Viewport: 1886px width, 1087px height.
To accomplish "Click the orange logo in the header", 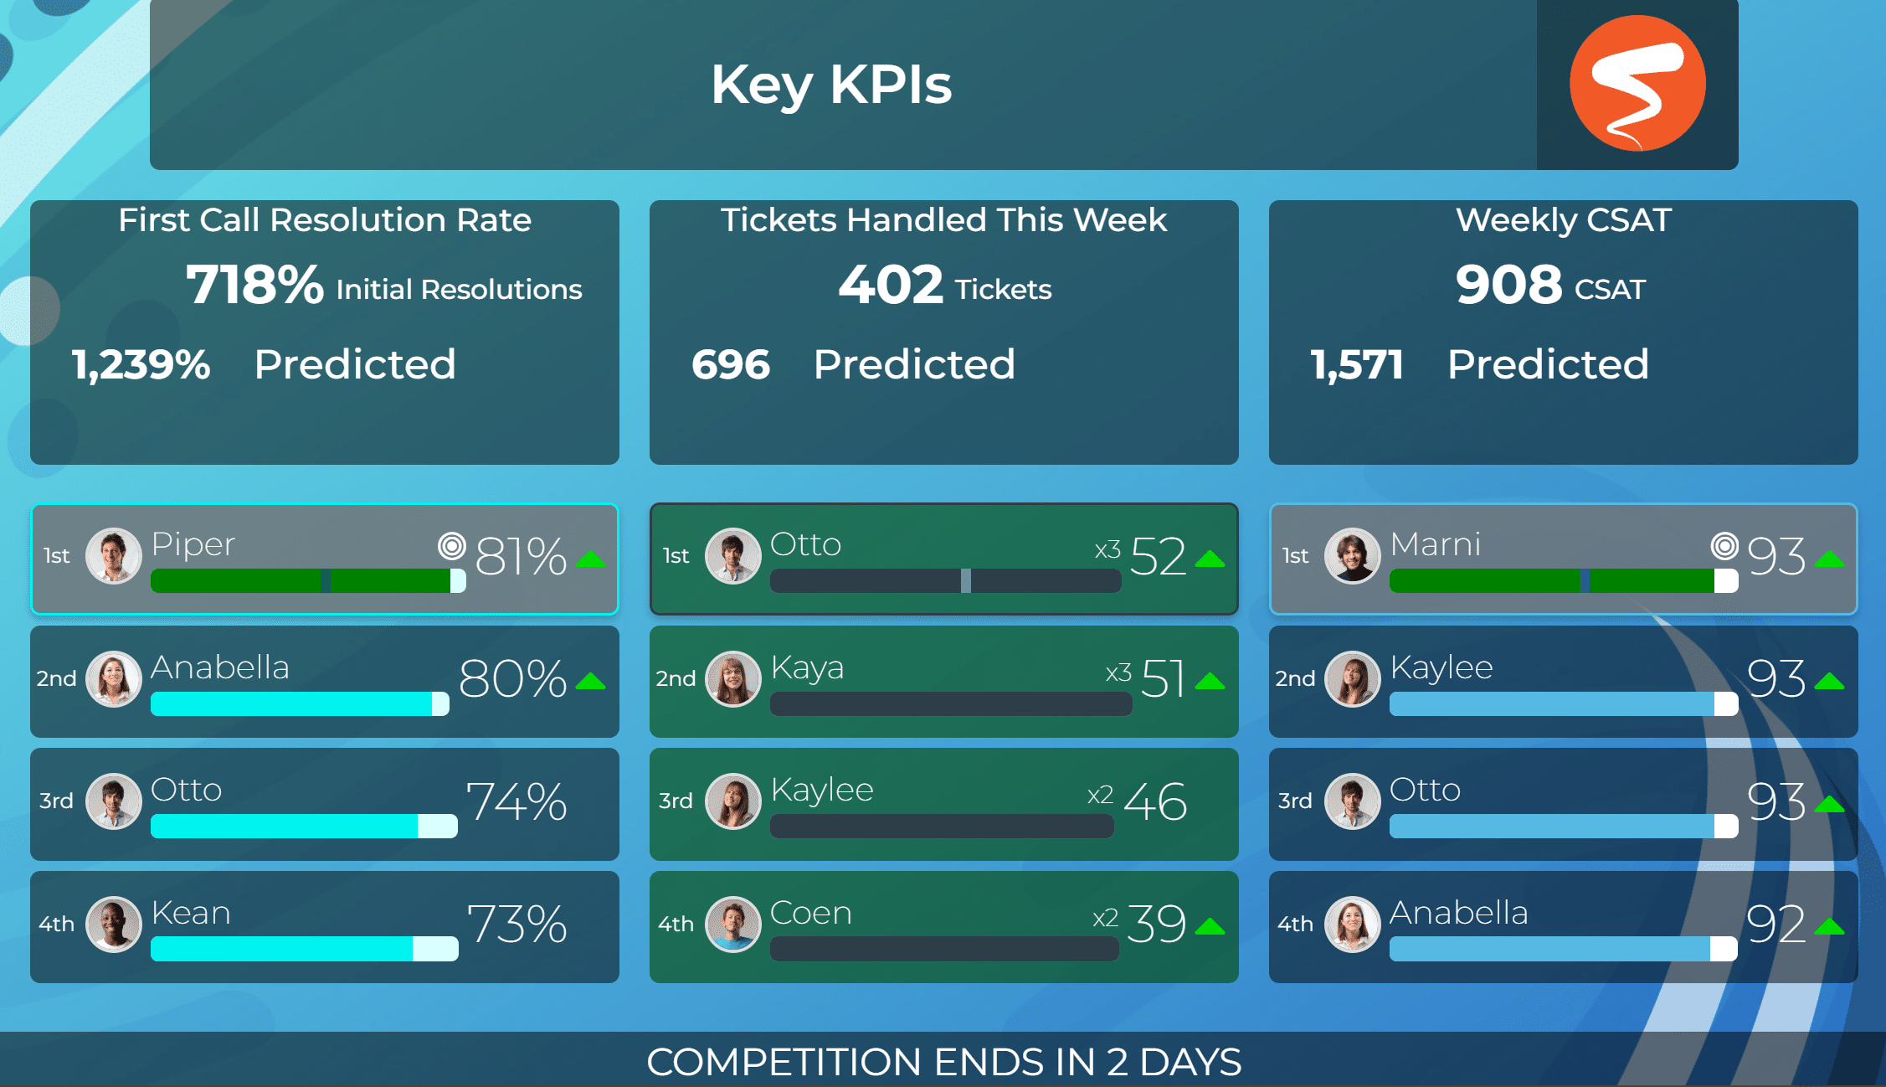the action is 1637,83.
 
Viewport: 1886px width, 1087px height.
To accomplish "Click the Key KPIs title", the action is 831,85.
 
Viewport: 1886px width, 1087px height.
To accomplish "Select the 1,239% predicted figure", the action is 141,365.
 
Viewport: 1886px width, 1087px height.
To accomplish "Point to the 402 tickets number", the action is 891,285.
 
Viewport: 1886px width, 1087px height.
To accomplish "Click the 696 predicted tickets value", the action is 731,365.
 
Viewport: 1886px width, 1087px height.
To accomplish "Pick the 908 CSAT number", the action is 1508,285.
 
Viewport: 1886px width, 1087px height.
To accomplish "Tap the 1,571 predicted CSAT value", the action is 1357,365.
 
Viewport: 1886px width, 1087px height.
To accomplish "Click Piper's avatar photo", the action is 114,555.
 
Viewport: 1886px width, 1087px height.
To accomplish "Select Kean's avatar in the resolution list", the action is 114,925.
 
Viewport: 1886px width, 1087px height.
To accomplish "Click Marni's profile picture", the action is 1353,555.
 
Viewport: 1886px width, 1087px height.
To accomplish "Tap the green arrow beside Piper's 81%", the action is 591,559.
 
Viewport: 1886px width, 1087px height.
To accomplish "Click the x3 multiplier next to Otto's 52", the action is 1107,550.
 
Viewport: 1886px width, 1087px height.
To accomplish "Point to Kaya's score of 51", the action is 1163,678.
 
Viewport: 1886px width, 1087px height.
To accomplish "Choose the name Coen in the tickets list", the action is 810,913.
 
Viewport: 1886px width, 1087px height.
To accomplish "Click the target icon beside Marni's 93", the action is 1724,546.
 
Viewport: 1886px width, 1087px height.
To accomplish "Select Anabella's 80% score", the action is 513,678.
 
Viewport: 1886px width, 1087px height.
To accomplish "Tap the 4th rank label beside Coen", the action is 676,925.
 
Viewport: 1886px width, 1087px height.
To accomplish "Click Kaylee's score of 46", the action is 1155,801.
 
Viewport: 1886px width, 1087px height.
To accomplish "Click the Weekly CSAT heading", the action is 1564,220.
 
